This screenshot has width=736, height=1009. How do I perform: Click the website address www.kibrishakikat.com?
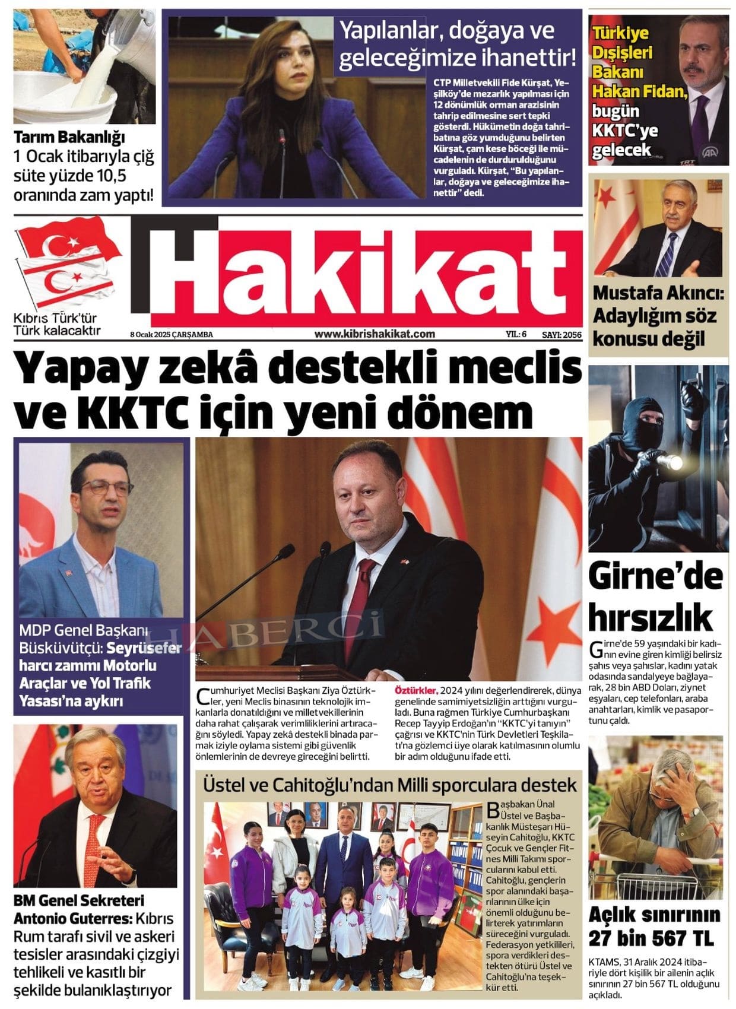pos(375,334)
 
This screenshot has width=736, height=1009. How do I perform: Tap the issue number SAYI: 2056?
pos(561,335)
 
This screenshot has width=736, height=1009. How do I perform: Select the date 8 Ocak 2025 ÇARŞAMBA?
pos(172,335)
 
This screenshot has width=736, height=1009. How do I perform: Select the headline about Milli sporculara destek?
pos(389,785)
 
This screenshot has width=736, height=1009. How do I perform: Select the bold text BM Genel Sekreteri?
pos(79,900)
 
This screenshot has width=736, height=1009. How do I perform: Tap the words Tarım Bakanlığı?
pos(69,138)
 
